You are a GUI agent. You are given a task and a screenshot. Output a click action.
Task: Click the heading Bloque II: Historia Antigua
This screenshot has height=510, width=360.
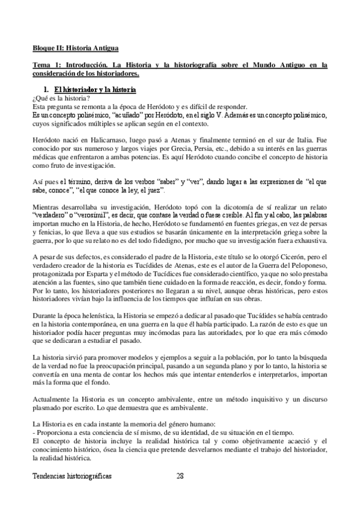pos(75,46)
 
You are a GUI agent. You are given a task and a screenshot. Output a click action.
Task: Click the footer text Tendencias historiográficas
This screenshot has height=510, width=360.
pos(72,476)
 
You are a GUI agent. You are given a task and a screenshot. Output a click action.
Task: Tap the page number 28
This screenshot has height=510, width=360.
pos(180,476)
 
